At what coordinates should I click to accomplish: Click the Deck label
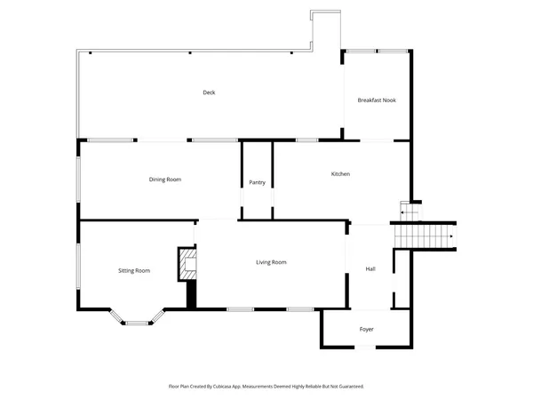pos(209,92)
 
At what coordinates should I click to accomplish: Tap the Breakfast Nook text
pos(377,100)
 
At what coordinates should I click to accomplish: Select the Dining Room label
pos(164,180)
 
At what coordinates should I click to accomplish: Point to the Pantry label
pos(257,182)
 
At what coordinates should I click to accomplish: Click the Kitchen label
pos(340,174)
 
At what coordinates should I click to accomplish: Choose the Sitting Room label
pos(135,270)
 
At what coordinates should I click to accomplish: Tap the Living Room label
pos(271,262)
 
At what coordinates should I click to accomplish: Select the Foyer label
pos(366,330)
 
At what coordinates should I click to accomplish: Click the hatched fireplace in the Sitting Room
pos(187,264)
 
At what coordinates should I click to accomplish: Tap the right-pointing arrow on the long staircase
pos(453,236)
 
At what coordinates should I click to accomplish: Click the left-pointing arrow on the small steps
pos(404,212)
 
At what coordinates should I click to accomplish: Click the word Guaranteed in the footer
pos(347,387)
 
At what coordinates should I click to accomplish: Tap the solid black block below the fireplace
pos(190,295)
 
